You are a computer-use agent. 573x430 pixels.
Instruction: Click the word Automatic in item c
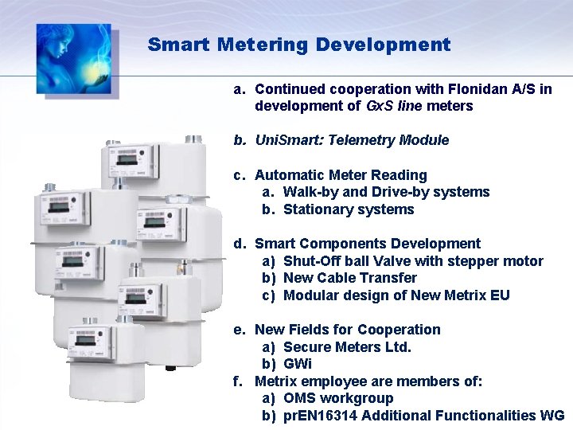click(286, 175)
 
